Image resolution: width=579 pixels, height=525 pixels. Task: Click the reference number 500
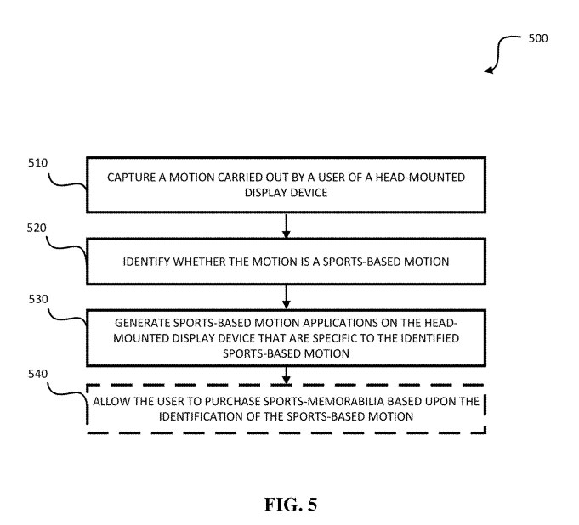pos(538,38)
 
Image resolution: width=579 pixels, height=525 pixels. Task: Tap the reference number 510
pos(37,162)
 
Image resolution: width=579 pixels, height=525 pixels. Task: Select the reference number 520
pos(37,229)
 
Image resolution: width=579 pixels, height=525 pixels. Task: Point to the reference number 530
pos(37,299)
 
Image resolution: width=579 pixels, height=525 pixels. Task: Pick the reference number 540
pos(37,374)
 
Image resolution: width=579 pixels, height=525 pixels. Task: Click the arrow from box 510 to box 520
pos(287,225)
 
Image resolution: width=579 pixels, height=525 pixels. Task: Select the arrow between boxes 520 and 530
pos(287,296)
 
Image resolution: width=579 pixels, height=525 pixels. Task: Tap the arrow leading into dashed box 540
pos(287,375)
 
